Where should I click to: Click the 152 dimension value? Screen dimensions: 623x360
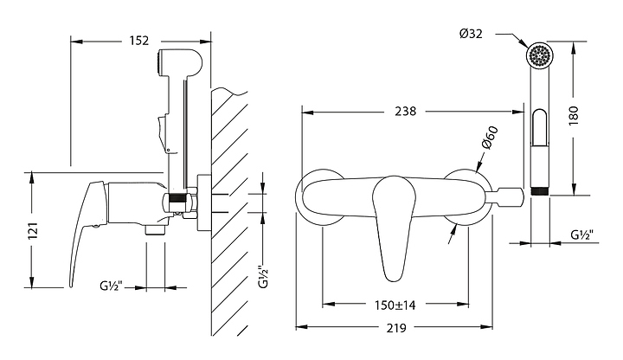coord(138,41)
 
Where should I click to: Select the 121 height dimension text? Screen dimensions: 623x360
coord(33,230)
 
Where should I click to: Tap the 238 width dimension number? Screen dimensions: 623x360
coord(405,112)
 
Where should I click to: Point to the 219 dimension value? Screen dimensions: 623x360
coord(395,328)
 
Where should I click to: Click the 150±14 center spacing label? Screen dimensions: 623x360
coord(395,305)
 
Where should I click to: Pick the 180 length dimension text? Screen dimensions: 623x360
coord(574,116)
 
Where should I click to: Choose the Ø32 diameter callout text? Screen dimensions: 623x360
coord(472,34)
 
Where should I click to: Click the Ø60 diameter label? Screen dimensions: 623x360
coord(490,138)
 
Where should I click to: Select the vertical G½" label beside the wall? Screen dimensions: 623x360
coord(264,277)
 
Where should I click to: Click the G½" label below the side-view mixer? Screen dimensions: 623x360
coord(111,286)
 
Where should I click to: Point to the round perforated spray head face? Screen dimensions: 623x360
coord(540,55)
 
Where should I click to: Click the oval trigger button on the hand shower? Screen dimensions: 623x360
coord(540,127)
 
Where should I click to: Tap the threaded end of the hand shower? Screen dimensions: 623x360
coord(540,191)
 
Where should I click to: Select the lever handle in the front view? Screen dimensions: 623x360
coord(394,227)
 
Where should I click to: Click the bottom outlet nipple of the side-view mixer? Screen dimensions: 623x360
coord(156,229)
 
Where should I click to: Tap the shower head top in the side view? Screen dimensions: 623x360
coord(180,62)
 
